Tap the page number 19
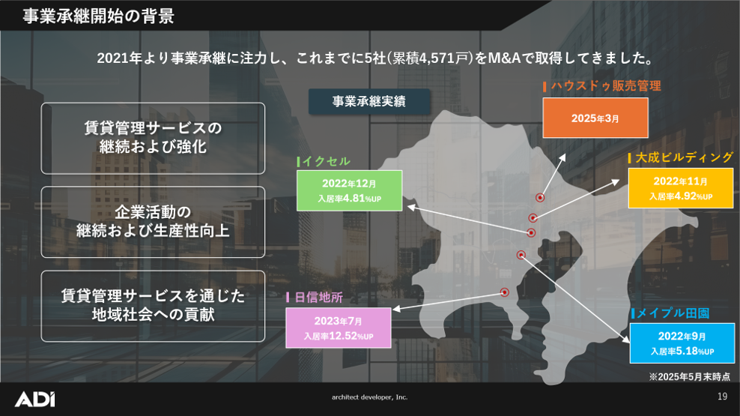722,397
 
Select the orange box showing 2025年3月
595,118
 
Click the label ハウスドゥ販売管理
606,85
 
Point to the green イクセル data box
349,190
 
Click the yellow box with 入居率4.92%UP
680,188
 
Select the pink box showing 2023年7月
339,328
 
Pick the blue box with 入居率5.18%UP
682,343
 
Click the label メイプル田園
673,313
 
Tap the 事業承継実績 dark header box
369,102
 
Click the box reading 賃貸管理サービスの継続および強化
153,138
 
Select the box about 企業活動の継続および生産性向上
153,222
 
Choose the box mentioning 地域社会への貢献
153,306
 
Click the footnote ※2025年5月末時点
689,376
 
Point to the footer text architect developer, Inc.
370,397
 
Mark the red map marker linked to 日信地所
504,292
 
